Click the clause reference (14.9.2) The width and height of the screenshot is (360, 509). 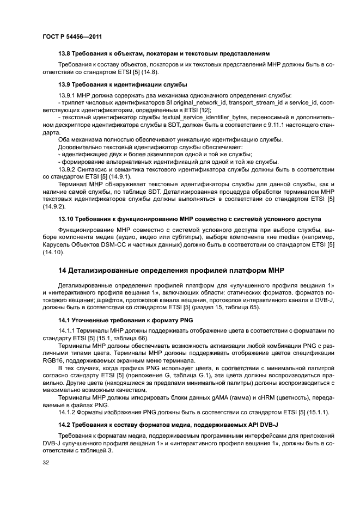52,206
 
